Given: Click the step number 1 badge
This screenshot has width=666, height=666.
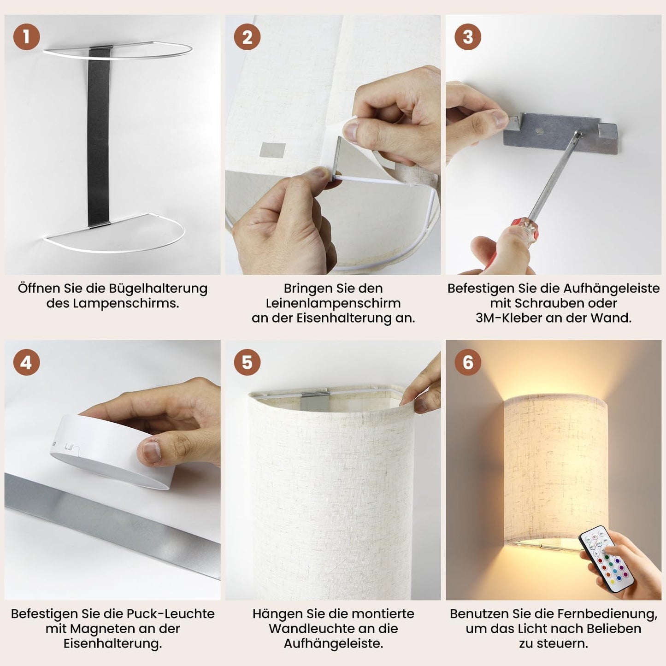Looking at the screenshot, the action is tap(27, 36).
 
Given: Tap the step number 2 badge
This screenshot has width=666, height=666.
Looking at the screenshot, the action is tap(247, 36).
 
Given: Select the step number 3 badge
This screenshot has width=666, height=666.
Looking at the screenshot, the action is tap(468, 36).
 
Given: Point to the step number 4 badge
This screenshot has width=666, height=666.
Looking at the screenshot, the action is tap(27, 362).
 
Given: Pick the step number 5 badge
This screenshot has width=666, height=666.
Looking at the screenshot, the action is tap(247, 362).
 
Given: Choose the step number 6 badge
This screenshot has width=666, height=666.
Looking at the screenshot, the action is tap(468, 362).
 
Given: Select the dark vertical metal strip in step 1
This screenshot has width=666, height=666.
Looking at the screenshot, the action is tap(99, 136).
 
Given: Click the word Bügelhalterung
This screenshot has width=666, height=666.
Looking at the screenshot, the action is tap(158, 289).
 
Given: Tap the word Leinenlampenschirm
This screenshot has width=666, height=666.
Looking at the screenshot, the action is tap(333, 303).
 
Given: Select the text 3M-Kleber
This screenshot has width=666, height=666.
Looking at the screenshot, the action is tap(508, 318).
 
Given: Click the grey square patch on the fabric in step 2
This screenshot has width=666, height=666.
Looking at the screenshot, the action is tap(273, 150).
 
